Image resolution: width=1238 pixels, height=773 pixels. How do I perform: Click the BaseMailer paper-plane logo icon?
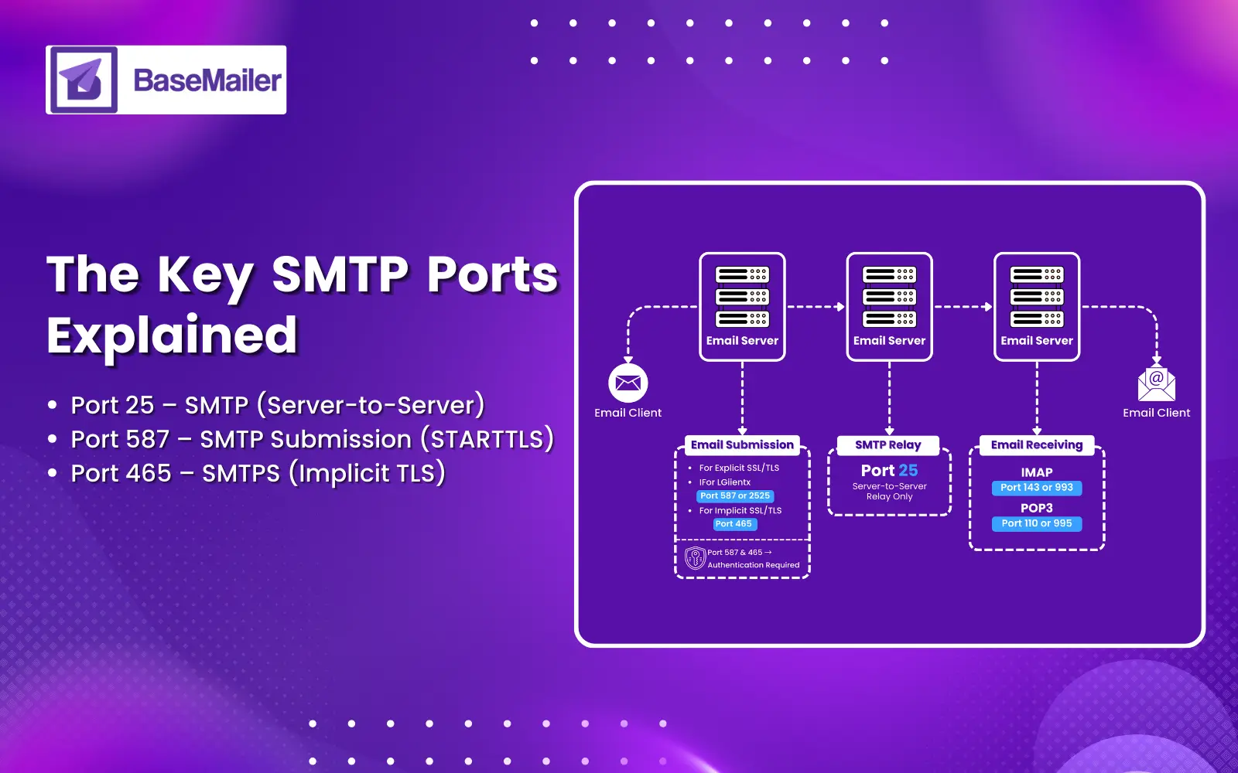point(84,80)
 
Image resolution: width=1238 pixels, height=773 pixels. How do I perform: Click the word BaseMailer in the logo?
point(207,80)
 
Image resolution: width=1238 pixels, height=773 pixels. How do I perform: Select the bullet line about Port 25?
point(277,405)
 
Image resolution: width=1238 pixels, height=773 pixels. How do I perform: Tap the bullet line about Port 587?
point(312,439)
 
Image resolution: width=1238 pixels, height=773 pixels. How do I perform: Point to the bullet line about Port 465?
point(258,473)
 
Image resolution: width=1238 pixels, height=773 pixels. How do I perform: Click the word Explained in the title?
point(172,335)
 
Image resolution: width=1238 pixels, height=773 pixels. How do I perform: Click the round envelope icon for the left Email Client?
point(628,383)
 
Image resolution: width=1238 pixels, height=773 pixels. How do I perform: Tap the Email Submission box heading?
point(742,444)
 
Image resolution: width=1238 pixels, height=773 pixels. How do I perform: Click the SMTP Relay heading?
point(887,444)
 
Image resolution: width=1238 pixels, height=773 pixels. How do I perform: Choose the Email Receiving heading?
point(1036,444)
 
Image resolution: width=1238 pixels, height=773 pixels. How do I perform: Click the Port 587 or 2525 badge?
point(735,496)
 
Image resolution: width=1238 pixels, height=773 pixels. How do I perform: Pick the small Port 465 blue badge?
point(734,524)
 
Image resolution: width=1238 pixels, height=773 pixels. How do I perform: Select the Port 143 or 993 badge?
point(1036,488)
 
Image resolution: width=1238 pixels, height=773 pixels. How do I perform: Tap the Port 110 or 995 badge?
point(1036,523)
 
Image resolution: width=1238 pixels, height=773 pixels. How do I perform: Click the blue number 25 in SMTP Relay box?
point(908,471)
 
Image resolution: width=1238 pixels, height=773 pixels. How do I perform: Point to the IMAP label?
point(1036,472)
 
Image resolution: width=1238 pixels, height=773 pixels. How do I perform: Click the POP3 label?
point(1036,508)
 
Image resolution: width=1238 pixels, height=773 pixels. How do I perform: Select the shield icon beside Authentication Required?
point(695,557)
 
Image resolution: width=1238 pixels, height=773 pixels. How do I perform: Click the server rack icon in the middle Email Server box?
point(889,297)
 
